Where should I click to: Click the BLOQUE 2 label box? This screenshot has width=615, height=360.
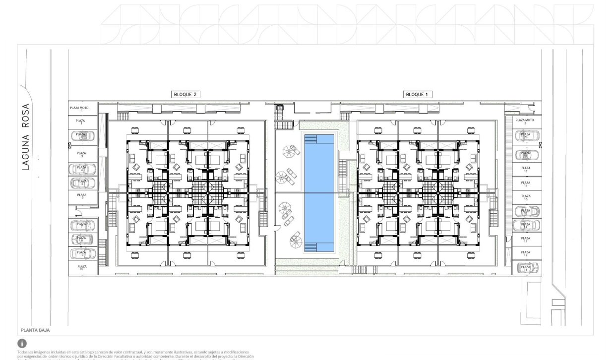click(185, 94)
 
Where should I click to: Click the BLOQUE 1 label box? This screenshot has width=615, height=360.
click(416, 94)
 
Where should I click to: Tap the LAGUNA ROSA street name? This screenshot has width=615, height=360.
click(26, 136)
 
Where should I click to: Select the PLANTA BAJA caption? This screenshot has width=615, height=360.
click(35, 329)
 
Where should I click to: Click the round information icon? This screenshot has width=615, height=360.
click(22, 343)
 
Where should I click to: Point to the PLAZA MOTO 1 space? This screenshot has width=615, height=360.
click(83, 108)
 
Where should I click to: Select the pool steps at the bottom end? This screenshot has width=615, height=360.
click(310, 246)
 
